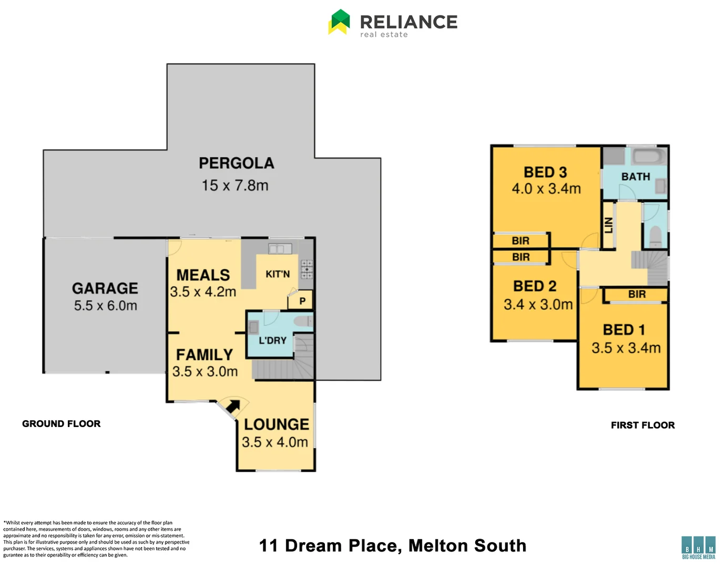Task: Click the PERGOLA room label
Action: [x=237, y=163]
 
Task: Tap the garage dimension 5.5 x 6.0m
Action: [x=105, y=306]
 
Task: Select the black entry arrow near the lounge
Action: [x=232, y=407]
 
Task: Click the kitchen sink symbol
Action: [x=280, y=248]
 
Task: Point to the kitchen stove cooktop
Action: [x=306, y=269]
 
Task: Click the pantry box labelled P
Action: [x=302, y=301]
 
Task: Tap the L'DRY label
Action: [x=272, y=340]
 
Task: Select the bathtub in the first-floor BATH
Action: [x=649, y=156]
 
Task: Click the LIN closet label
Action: [x=609, y=226]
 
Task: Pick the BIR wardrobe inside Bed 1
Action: [x=636, y=295]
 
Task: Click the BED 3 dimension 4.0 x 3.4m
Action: [x=546, y=189]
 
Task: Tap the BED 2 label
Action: [x=535, y=286]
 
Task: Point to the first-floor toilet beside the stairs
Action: [x=655, y=237]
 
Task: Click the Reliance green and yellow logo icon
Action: [x=339, y=22]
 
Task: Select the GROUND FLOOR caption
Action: [x=61, y=424]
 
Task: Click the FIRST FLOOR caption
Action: [x=642, y=425]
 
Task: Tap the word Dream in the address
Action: [x=313, y=546]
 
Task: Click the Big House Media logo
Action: [x=698, y=547]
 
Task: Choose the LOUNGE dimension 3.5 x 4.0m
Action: [x=275, y=442]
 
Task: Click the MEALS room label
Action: [x=203, y=275]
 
